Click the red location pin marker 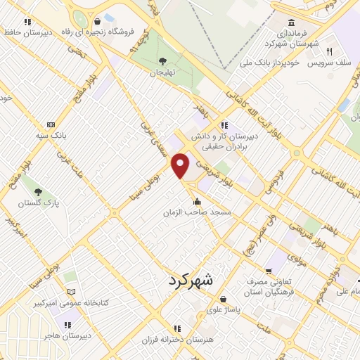[181, 165]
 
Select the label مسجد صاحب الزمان [198, 212]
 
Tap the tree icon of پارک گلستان [38, 192]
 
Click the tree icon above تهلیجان [163, 60]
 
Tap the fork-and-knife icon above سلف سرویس [328, 51]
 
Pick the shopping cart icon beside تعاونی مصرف [269, 271]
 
